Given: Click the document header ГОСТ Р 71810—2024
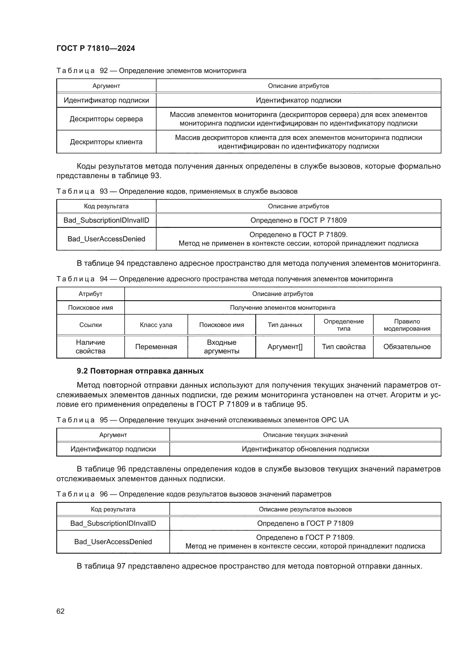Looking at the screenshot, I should point(96,48).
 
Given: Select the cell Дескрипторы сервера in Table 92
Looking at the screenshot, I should point(106,119).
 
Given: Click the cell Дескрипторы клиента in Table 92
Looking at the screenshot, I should point(106,142).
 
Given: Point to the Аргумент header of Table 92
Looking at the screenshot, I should point(106,86).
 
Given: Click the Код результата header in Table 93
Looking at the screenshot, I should point(106,206).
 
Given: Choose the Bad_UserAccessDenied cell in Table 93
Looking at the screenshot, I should point(106,239).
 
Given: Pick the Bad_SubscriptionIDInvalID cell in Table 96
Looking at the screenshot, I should point(113,523).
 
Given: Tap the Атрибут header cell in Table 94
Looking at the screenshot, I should point(90,294).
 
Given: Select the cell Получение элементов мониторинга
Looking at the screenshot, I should point(283,308).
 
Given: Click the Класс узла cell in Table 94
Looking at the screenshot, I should point(156,325).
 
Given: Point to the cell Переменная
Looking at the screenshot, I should point(156,347).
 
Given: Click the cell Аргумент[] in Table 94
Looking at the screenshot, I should point(285,347).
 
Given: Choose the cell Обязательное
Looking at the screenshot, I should point(407,347).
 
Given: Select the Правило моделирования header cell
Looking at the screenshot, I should point(407,325).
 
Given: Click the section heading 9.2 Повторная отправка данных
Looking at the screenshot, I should point(140,371).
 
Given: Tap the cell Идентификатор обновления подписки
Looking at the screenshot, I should point(305,449).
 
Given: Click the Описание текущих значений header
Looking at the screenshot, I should point(305,435).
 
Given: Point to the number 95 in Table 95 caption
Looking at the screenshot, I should point(104,420).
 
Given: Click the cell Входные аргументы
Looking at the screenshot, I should point(221,347).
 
